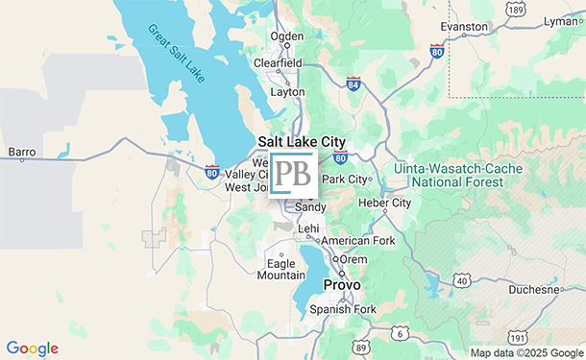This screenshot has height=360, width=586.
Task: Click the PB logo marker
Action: point(292,174)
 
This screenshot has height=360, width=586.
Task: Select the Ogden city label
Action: point(286,36)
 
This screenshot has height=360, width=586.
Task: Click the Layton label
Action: point(287,92)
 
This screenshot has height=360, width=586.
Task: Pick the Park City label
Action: point(345,179)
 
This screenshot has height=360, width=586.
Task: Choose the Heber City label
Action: point(383,203)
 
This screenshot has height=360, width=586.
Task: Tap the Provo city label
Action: point(341,285)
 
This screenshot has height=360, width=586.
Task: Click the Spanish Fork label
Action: point(343,309)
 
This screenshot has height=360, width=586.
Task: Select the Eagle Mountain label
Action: point(281,269)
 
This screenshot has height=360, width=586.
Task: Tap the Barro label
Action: point(21,152)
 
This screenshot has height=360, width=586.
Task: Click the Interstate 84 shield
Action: point(354,84)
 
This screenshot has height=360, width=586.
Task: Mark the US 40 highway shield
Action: point(462,280)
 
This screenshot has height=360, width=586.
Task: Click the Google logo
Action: point(32,348)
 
